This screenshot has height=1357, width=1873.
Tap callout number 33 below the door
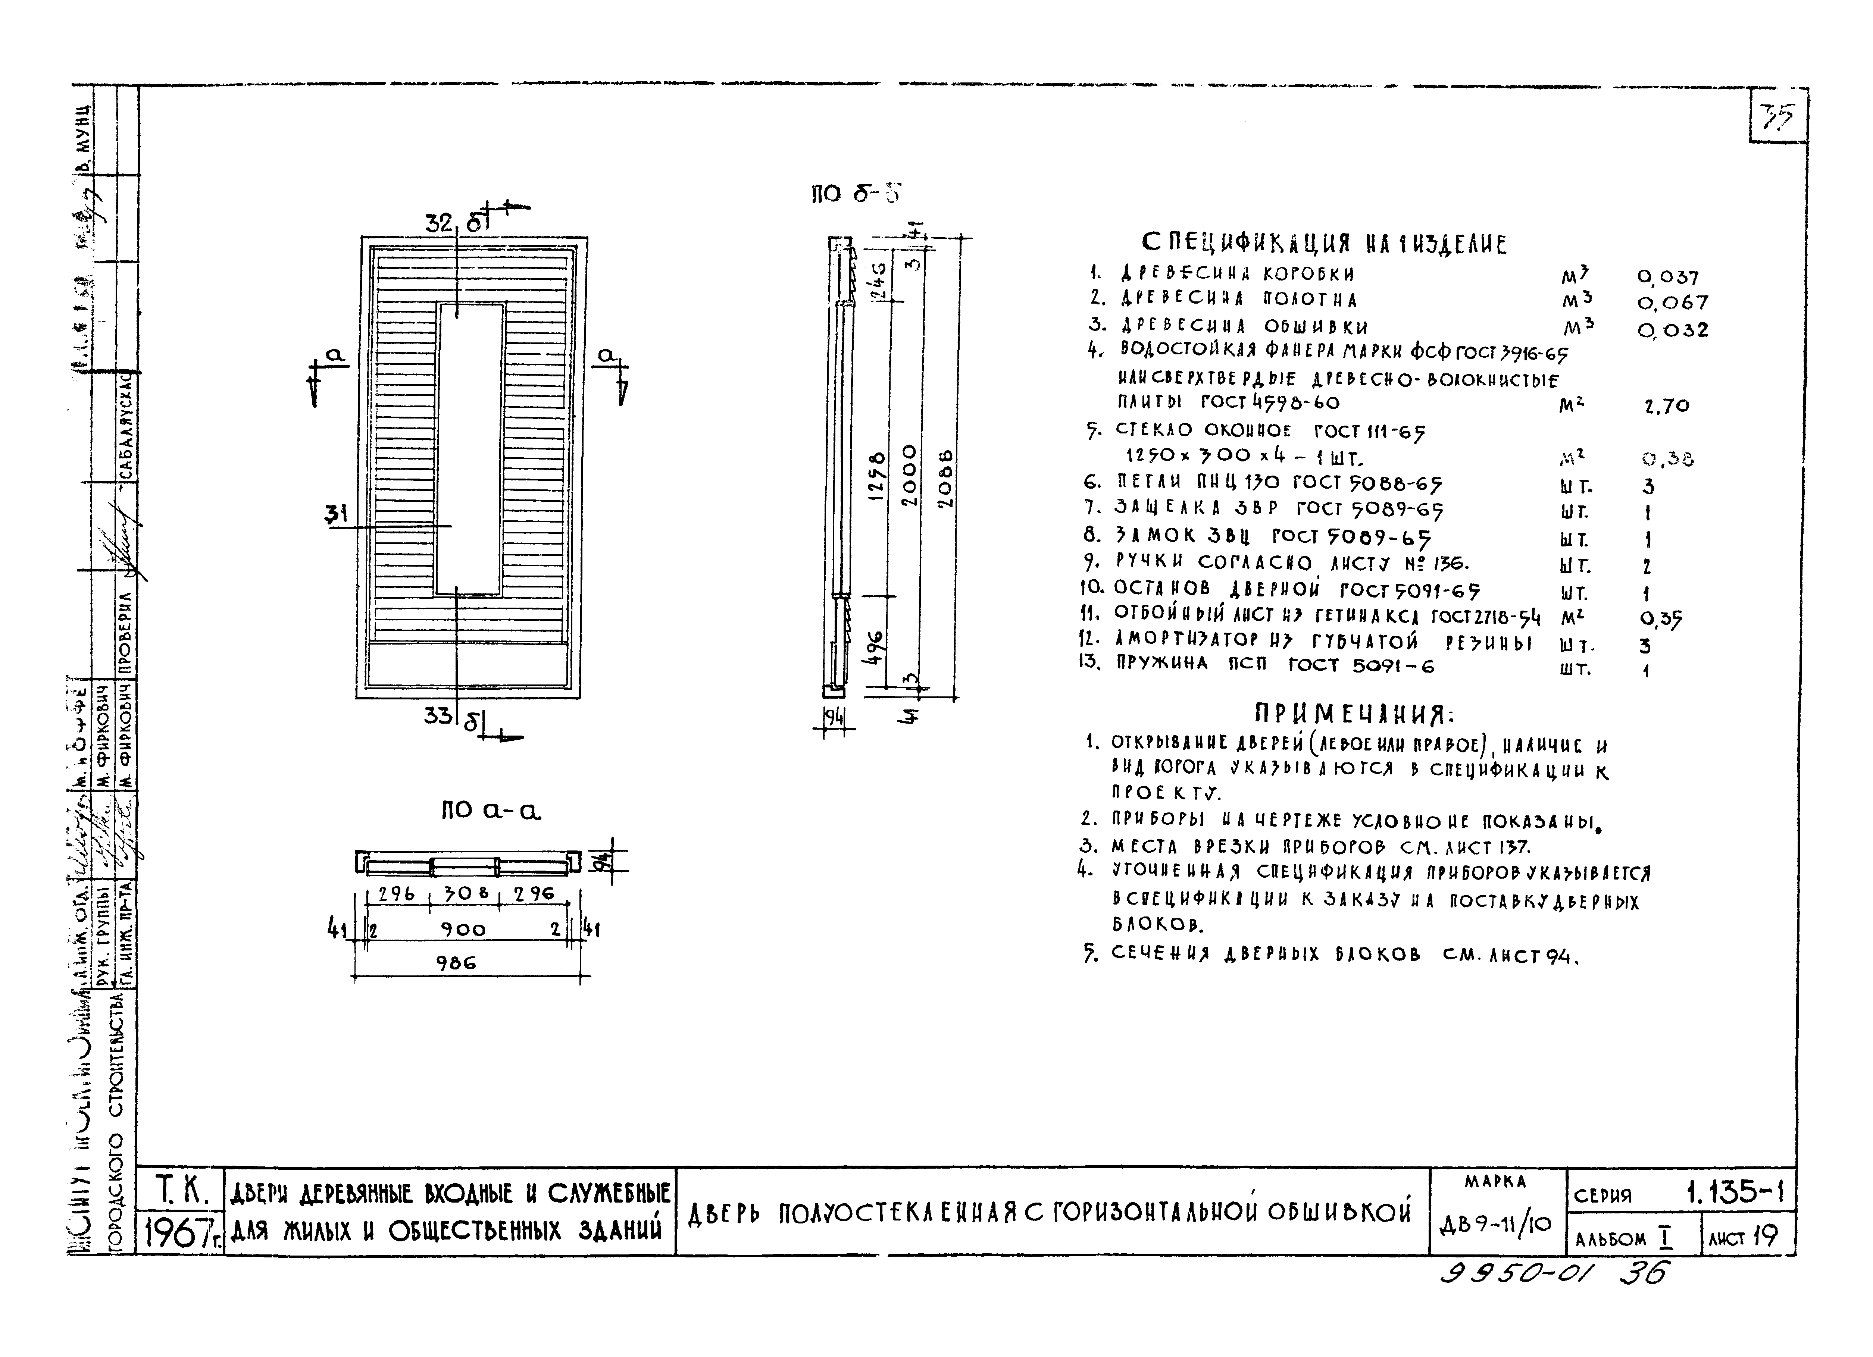(x=438, y=715)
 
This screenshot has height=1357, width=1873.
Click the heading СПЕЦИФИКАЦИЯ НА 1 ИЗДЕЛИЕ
(x=1324, y=244)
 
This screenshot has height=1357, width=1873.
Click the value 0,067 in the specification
(x=1672, y=303)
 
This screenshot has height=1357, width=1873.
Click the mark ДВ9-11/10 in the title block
(x=1495, y=1224)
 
